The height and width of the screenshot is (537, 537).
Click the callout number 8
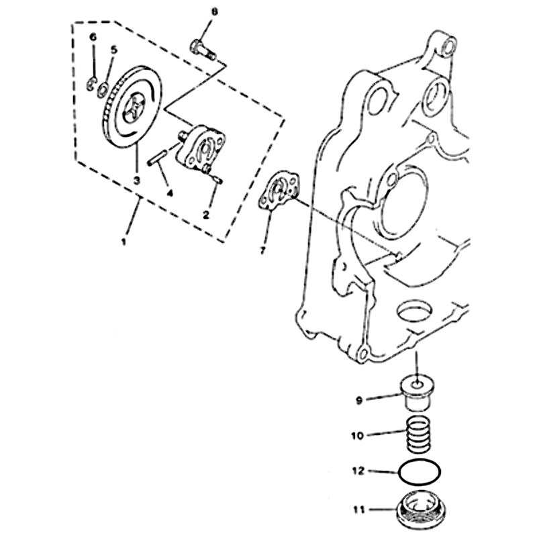[x=214, y=12]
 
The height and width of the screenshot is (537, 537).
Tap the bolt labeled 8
[x=203, y=50]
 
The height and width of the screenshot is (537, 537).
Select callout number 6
[x=93, y=36]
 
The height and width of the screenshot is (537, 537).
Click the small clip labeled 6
[x=91, y=84]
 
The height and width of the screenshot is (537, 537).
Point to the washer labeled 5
[x=103, y=90]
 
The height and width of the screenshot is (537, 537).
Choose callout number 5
[x=113, y=50]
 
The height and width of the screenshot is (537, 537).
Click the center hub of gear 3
[x=134, y=108]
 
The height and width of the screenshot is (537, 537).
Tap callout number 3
[x=137, y=181]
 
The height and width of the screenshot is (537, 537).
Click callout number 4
[x=170, y=193]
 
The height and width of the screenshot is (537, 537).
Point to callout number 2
[x=206, y=215]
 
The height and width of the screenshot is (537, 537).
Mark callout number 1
[x=124, y=242]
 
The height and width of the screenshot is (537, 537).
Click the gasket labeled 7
[x=279, y=192]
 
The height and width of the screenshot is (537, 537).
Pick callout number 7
[x=262, y=250]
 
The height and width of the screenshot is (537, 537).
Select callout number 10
[x=357, y=436]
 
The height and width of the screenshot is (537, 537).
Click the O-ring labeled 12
[x=419, y=473]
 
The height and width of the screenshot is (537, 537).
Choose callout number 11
[x=359, y=509]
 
